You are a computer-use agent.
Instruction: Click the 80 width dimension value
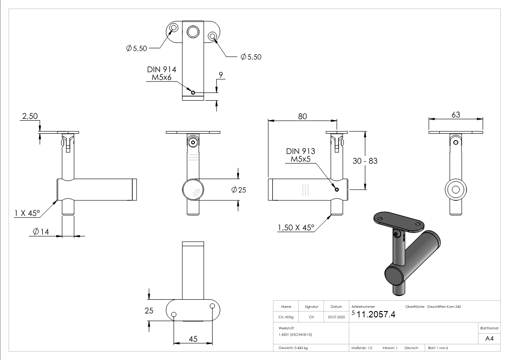click(x=302, y=116)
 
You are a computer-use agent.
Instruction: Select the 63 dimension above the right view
click(x=456, y=115)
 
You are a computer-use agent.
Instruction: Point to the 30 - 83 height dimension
click(x=365, y=161)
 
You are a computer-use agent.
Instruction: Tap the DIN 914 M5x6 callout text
click(x=161, y=73)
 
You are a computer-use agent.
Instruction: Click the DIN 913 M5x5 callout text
click(x=301, y=155)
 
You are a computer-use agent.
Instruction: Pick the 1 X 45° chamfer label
click(x=27, y=213)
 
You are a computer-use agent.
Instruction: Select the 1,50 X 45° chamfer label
click(x=296, y=228)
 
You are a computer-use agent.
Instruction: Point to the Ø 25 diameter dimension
click(x=238, y=190)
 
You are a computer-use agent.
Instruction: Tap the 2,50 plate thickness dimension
click(x=30, y=117)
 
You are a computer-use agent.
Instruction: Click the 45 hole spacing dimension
click(x=193, y=339)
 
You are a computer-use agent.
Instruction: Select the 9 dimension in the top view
click(x=221, y=75)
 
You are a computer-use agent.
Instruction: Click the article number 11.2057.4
click(x=376, y=315)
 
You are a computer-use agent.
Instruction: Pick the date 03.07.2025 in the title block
click(x=336, y=317)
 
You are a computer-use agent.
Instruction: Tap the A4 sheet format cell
click(x=489, y=338)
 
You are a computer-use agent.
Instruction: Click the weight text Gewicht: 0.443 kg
click(x=293, y=348)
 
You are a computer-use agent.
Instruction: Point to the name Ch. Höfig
click(x=286, y=317)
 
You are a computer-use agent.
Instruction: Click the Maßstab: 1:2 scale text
click(x=362, y=348)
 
